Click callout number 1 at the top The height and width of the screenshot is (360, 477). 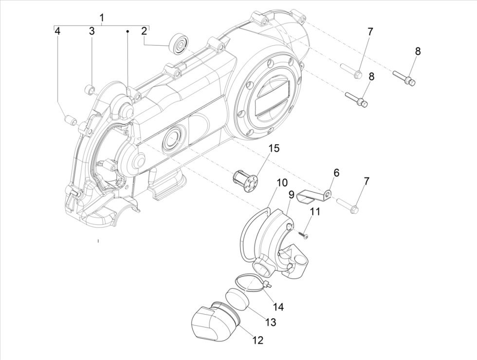tap(102, 18)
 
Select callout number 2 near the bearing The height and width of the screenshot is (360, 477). tap(144, 32)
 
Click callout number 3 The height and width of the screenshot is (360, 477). tap(92, 32)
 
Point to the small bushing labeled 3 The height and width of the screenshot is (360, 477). tap(90, 89)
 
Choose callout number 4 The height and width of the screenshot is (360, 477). tap(57, 32)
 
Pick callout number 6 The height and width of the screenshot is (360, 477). tap(336, 172)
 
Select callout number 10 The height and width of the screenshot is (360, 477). tap(282, 183)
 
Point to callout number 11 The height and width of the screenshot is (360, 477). tap(315, 212)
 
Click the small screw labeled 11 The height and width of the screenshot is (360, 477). tap(305, 236)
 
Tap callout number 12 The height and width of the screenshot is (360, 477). tap(258, 341)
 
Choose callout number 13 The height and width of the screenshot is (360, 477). tap(270, 322)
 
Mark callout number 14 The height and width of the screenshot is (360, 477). tap(278, 307)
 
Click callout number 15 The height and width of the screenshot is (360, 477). tap(274, 148)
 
